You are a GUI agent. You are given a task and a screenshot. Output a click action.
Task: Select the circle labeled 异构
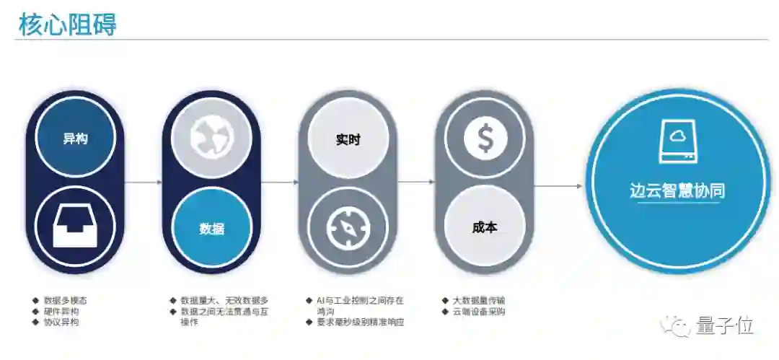coord(75,139)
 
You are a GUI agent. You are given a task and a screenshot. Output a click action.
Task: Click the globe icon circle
coord(211,139)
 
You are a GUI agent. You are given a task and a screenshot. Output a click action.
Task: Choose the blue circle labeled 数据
coord(211,229)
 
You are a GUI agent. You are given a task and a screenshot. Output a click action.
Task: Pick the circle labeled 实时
coord(348,139)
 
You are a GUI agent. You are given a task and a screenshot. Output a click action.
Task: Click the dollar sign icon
coord(485,139)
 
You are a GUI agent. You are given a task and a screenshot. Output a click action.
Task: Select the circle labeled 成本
coord(485,227)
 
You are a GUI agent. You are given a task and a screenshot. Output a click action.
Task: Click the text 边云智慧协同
coord(677,190)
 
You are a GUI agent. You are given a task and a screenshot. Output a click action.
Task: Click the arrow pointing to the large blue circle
coord(558,186)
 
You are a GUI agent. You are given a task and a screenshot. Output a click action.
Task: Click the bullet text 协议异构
coord(61,322)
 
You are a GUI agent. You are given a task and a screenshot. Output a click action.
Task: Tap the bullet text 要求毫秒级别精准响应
coord(360,322)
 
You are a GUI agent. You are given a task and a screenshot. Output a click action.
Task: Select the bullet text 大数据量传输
coord(479,300)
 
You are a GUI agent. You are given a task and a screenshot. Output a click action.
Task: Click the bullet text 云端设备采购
coord(479,312)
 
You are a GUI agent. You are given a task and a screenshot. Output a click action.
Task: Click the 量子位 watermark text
coord(724,326)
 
